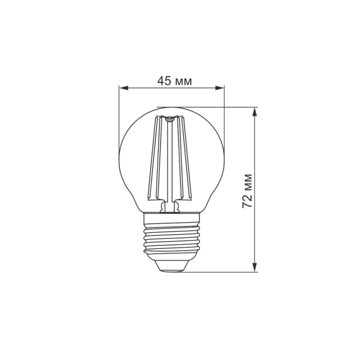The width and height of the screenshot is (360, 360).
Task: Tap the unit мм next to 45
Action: [183, 82]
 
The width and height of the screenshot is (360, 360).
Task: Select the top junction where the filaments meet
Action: [170, 119]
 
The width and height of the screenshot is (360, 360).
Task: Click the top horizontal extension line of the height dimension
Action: [211, 107]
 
